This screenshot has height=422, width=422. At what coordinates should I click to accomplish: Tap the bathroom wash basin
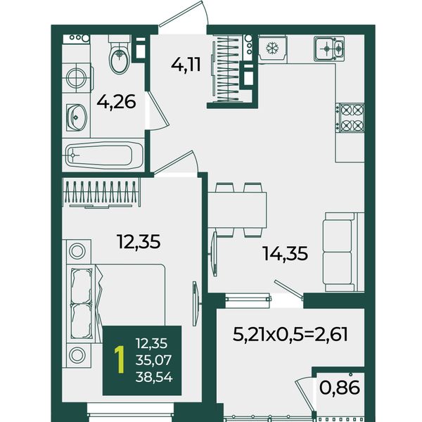[77, 117]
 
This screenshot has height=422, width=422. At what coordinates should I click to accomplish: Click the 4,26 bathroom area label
[116, 103]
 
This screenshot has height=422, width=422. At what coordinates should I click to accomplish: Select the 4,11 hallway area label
[186, 65]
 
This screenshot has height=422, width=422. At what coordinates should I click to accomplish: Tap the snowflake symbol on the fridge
[272, 48]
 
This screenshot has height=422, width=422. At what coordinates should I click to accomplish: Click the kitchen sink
[329, 49]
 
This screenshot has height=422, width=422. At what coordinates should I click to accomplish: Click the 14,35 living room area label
[286, 253]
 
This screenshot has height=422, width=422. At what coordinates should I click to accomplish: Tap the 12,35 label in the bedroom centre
[139, 241]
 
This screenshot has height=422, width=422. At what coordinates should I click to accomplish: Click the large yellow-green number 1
[120, 360]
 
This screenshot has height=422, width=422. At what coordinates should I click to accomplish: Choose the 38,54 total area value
[153, 377]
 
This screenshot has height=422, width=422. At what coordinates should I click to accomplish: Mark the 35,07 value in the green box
[153, 360]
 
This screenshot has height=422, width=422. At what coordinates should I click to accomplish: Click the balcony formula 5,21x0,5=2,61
[290, 335]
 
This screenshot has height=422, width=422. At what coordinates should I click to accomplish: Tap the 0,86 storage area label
[340, 388]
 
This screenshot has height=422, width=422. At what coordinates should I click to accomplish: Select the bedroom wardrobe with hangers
[101, 193]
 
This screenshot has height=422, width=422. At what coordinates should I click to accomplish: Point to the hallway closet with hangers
[228, 69]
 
